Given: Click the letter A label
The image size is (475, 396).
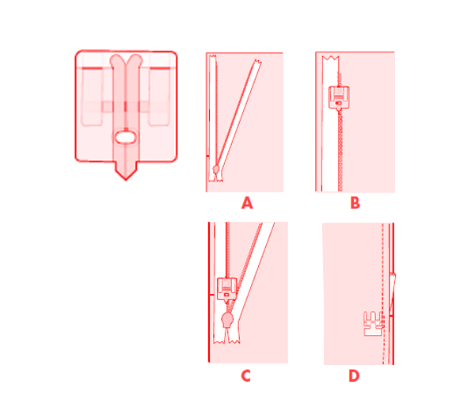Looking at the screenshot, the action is [x=247, y=203].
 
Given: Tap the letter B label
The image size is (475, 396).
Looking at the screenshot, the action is [x=355, y=203].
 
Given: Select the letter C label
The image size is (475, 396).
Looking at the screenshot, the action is [x=245, y=375].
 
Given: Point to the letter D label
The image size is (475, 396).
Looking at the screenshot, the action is [x=354, y=375].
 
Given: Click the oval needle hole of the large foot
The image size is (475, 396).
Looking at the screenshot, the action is [x=125, y=137].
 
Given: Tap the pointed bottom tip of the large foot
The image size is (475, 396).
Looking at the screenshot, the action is [x=126, y=180].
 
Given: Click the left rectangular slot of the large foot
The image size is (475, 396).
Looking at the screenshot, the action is [x=92, y=97].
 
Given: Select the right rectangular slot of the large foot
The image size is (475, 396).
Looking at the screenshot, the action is [x=159, y=97].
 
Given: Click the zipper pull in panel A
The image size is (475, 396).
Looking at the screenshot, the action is [x=216, y=169].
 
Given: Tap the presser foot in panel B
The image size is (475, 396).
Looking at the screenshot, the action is [x=339, y=97].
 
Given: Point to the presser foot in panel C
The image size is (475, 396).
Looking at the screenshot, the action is [x=227, y=289].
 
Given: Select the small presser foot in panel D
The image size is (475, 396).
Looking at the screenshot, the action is [x=374, y=324].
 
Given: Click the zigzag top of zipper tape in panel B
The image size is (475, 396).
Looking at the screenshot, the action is [x=330, y=57].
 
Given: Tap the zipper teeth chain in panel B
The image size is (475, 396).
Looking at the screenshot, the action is [x=340, y=150].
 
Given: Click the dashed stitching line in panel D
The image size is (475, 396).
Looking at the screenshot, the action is [x=383, y=293].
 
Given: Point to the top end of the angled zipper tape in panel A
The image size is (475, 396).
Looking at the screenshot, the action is [x=258, y=62].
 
